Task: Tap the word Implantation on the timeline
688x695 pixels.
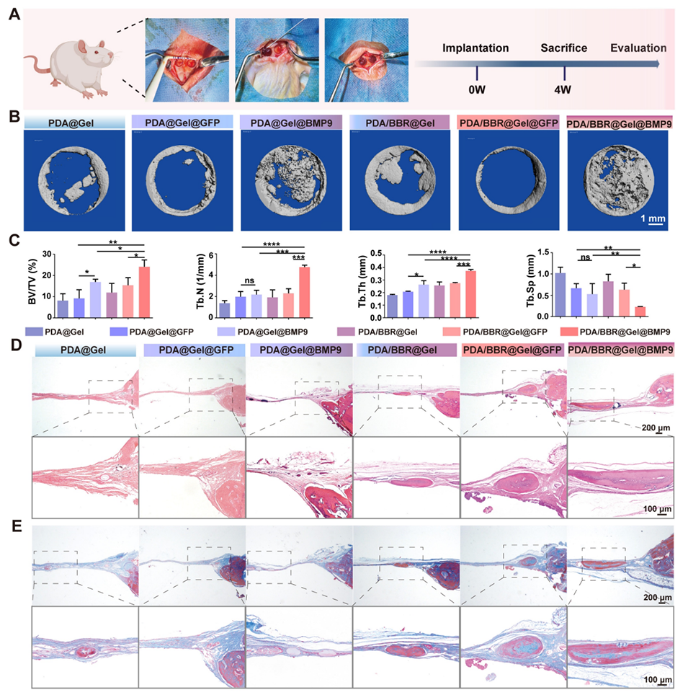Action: point(475,48)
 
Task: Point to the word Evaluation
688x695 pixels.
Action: point(638,48)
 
